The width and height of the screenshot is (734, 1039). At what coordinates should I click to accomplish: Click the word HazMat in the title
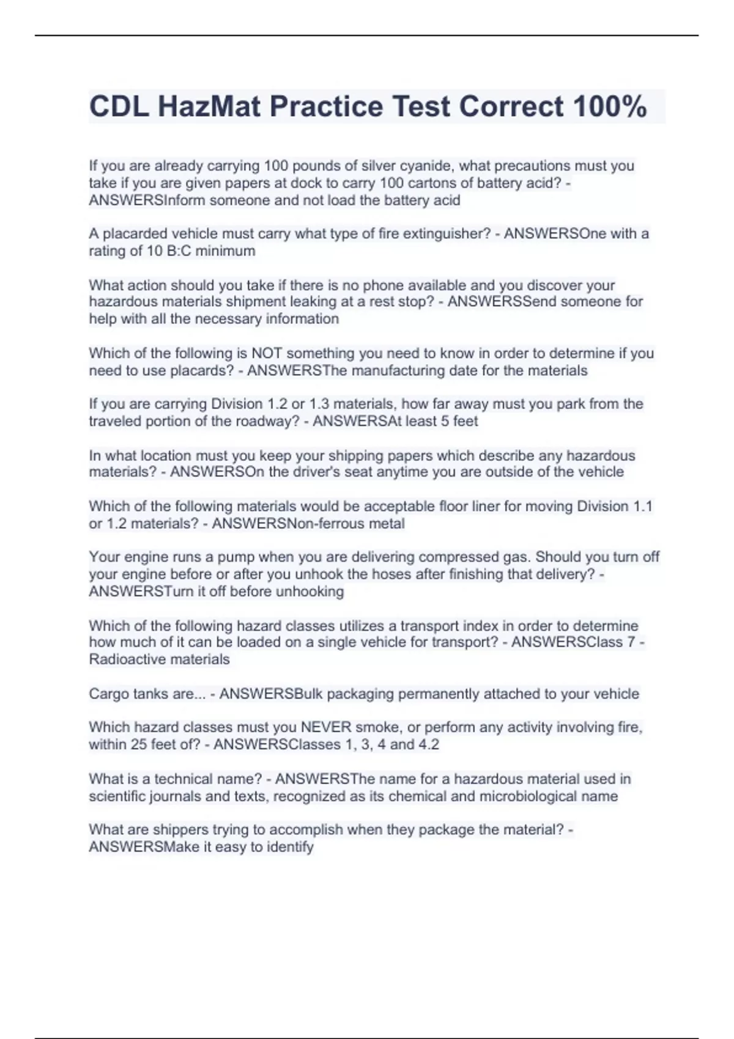pyautogui.click(x=209, y=107)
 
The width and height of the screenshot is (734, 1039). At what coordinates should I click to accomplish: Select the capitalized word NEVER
pyautogui.click(x=326, y=727)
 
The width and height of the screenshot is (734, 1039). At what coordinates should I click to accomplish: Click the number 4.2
pyautogui.click(x=429, y=744)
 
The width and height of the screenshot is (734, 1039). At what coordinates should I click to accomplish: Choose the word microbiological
pyautogui.click(x=539, y=796)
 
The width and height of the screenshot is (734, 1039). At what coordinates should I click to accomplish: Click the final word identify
pyautogui.click(x=290, y=847)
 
